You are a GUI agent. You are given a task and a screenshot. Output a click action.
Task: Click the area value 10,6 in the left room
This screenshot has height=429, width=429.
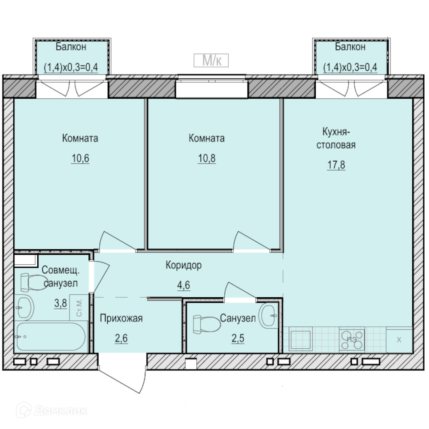click(x=81, y=158)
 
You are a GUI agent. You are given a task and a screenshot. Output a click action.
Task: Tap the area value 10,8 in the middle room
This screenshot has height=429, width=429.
click(x=207, y=158)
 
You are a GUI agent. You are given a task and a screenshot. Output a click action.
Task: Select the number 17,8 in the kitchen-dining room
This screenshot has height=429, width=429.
click(x=336, y=165)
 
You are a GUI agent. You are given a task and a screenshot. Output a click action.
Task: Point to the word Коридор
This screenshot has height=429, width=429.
click(x=184, y=265)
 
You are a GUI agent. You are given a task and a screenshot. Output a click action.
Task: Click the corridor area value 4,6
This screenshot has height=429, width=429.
click(x=184, y=285)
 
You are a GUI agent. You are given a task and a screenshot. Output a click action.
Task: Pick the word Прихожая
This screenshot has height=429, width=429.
click(x=121, y=318)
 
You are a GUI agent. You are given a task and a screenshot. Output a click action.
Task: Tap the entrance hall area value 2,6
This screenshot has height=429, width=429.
click(x=121, y=338)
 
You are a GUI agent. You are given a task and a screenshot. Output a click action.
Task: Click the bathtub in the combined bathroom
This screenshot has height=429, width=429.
click(x=51, y=336)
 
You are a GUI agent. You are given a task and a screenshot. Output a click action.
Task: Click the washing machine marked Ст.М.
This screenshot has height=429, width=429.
click(x=79, y=307)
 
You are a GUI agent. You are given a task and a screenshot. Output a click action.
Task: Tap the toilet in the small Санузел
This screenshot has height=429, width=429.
click(x=207, y=324)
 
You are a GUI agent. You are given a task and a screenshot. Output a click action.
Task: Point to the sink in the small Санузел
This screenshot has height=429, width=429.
click(x=268, y=316)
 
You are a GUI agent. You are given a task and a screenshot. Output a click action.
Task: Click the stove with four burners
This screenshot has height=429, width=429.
click(x=352, y=340)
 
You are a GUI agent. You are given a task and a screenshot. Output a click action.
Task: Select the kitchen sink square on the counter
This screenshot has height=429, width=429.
click(x=301, y=340)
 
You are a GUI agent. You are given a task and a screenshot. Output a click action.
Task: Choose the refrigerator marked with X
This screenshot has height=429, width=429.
click(x=399, y=340)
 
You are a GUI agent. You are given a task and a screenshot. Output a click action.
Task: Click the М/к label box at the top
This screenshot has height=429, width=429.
click(x=211, y=60)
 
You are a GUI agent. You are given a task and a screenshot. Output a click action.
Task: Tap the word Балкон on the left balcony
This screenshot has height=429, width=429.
click(x=71, y=47)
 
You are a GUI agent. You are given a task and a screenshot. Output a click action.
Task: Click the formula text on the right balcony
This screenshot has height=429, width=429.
click(x=350, y=67)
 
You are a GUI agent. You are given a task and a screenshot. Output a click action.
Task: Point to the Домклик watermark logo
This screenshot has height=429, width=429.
click(x=52, y=411)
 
